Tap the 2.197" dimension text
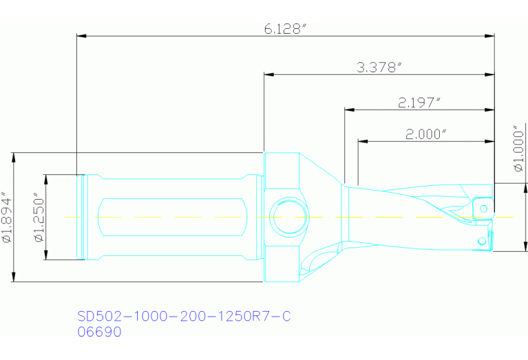[x=419, y=103]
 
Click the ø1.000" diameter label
[x=518, y=148]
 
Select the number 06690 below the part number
[x=99, y=332]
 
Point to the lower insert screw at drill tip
[x=482, y=241]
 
